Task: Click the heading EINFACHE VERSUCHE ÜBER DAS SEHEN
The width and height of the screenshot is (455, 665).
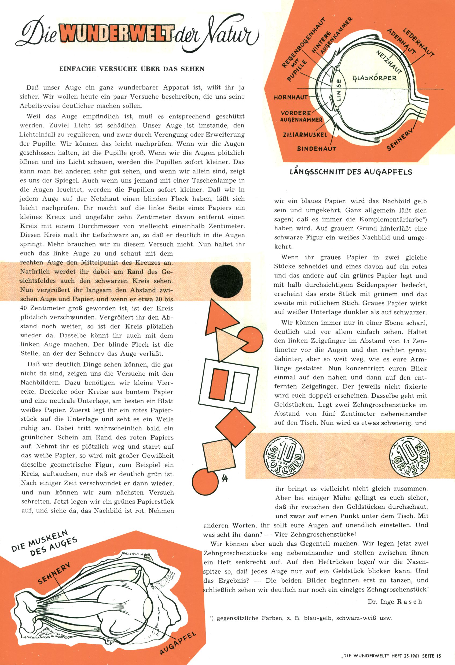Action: point(132,69)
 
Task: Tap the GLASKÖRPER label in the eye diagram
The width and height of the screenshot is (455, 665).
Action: point(374,78)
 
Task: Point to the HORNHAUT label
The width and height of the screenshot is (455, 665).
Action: point(290,97)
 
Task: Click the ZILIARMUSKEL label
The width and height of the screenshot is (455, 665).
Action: point(305,135)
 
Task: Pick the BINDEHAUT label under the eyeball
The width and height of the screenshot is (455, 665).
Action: point(316,149)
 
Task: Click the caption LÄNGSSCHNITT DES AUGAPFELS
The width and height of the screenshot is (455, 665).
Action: point(351,172)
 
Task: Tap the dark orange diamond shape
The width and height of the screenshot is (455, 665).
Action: point(235,427)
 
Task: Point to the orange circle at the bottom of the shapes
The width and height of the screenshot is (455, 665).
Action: point(205,482)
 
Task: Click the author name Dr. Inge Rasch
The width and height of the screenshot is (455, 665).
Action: point(395,601)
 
